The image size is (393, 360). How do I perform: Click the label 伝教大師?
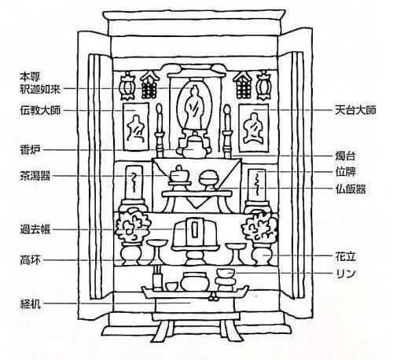pos(40,110)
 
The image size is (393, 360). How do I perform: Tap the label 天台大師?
pos(355,110)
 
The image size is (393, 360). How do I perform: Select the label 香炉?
pos(31,150)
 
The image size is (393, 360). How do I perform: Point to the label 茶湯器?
pos(35,175)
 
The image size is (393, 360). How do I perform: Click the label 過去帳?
pos(35,230)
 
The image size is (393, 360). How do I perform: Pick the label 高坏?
pos(31,260)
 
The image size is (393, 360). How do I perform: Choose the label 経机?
pos(31,304)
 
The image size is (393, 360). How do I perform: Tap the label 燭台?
pos(345,156)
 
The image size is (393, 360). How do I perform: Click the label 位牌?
pos(345,172)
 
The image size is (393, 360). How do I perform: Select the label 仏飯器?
pos(351,189)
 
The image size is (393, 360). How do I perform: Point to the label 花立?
pos(345,256)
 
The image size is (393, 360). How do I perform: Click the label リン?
pos(345,274)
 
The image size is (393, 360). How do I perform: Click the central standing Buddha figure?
pos(194,107)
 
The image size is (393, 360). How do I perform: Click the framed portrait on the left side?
pos(136,127)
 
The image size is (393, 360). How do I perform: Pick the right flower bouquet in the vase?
pos(259,227)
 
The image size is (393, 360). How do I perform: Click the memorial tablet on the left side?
pos(134,187)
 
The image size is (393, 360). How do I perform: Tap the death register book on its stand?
pos(194,233)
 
